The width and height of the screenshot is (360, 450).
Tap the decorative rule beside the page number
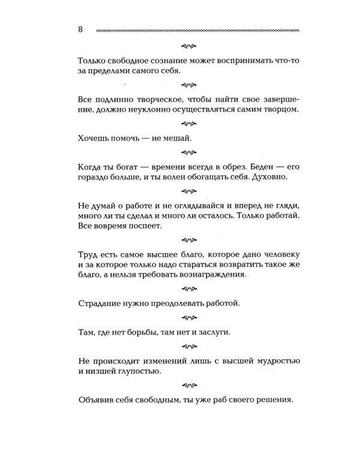[197, 30]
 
